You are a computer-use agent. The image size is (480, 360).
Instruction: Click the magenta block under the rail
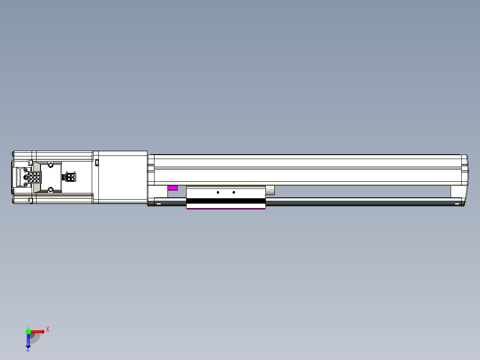[172, 188]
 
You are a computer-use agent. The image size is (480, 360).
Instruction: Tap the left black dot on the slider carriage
[218, 192]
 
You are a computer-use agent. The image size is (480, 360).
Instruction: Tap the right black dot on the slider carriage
[234, 192]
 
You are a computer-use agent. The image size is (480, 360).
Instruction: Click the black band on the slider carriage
[226, 201]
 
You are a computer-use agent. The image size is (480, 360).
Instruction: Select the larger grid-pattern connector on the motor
[35, 178]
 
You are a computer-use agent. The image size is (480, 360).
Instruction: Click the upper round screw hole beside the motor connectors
[51, 165]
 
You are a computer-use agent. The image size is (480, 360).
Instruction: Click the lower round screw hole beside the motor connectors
[51, 190]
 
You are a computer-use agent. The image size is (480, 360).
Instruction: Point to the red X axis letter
[48, 330]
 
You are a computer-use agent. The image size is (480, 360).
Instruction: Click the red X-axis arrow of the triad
[38, 331]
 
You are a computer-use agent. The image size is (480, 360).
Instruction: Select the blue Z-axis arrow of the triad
[28, 341]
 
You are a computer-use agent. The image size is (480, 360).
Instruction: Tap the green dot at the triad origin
[28, 331]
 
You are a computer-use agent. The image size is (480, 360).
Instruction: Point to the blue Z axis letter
[28, 350]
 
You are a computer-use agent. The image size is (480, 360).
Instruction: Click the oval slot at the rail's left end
[159, 204]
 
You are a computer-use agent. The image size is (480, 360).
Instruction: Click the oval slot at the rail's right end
[456, 204]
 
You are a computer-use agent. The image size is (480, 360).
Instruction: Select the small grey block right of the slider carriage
[270, 191]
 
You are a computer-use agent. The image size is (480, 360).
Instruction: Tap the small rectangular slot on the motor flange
[96, 162]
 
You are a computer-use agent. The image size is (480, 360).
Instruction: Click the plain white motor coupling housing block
[122, 177]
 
